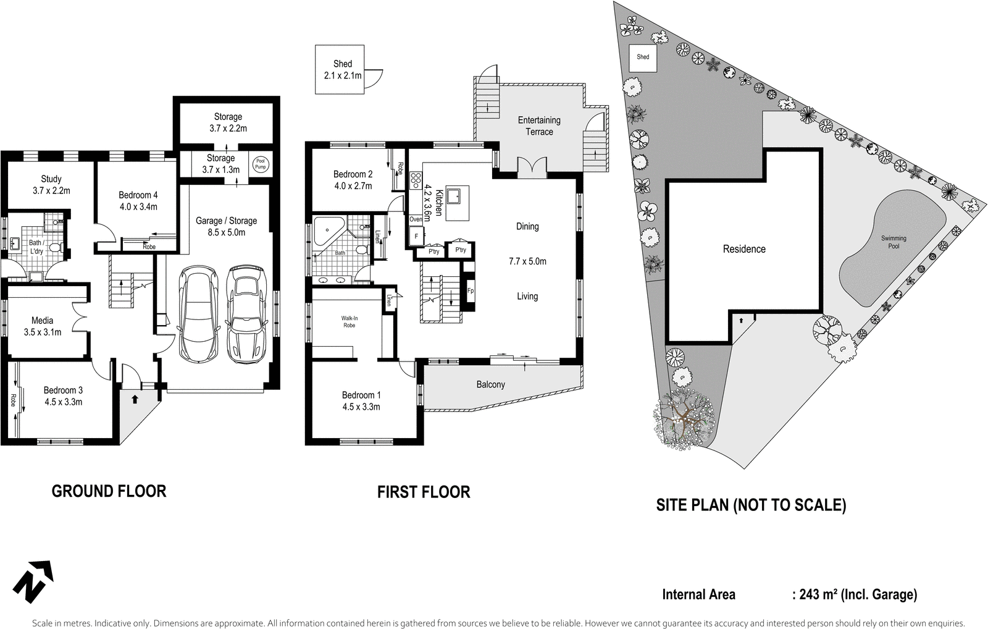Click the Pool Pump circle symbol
pos(259,164)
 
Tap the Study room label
pos(51,179)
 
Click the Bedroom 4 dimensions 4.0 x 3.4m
pos(138,206)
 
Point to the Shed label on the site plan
pos(643,57)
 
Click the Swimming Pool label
pos(894,242)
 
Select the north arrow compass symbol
pos(32,581)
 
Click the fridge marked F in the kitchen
pos(416,236)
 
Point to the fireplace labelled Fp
pos(471,290)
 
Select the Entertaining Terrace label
pos(539,125)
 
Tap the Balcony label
pos(490,384)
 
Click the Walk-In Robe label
pos(350,321)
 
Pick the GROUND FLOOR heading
pos(109,491)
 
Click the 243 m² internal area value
pos(818,594)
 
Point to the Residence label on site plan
pos(744,249)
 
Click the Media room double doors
pos(79,316)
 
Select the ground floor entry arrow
pos(134,399)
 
